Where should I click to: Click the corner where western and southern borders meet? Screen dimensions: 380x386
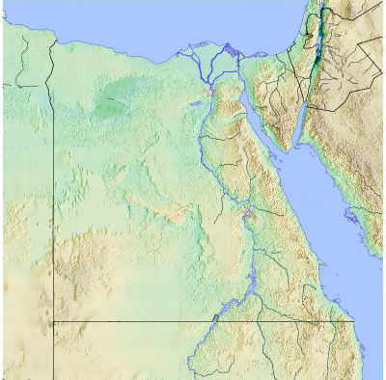tap(52, 321)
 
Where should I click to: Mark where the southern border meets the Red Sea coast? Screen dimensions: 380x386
tap(353, 321)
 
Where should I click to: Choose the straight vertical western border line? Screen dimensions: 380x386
tap(52, 193)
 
